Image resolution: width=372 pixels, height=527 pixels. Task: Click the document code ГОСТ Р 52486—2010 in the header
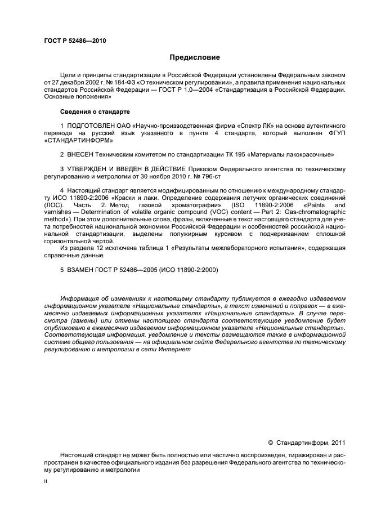pyautogui.click(x=74, y=40)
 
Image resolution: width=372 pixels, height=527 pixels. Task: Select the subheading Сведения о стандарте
pyautogui.click(x=91, y=111)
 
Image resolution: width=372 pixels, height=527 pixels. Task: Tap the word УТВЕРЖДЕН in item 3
pyautogui.click(x=90, y=169)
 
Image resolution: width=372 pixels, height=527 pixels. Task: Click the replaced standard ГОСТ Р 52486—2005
pyautogui.click(x=131, y=270)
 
